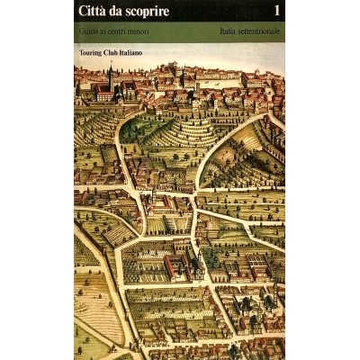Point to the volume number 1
click(276, 12)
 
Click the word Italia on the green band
click(229, 33)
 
